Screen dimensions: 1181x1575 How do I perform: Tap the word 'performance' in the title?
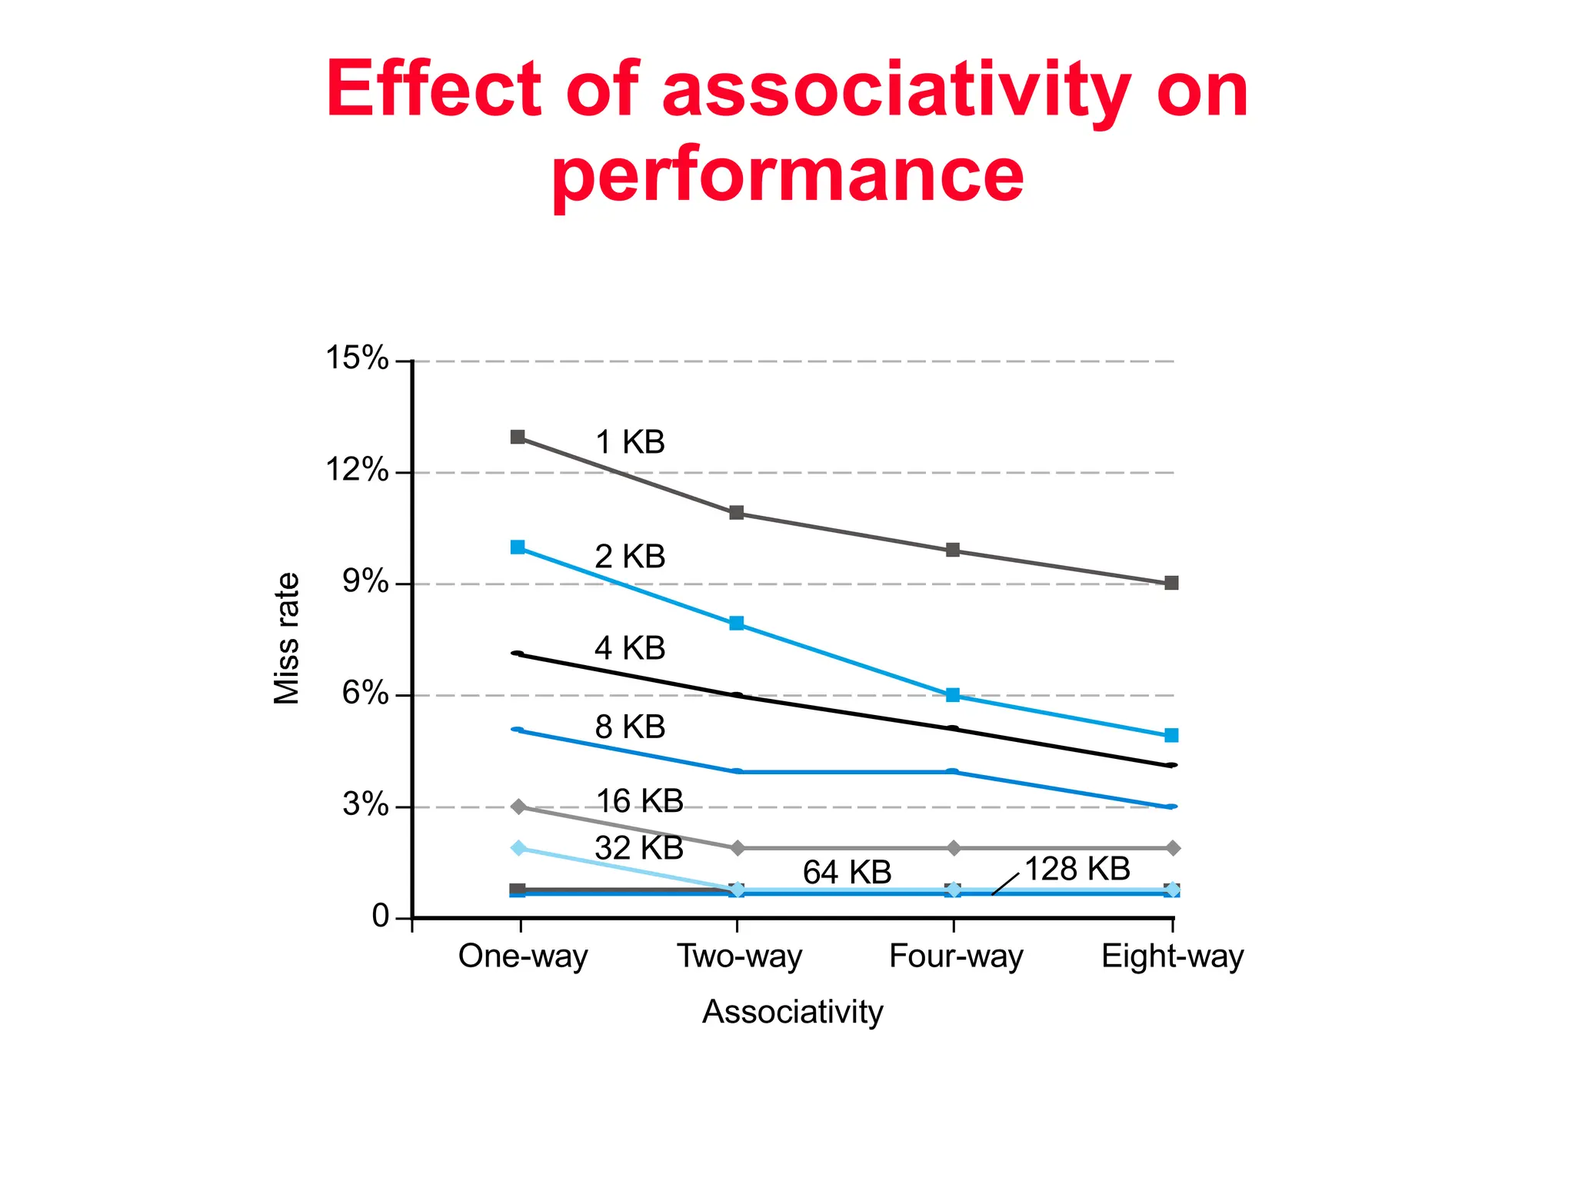787,175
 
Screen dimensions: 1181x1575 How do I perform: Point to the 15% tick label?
357,358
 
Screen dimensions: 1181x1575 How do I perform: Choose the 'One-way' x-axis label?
523,956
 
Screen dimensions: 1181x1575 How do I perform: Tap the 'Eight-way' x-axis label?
1172,956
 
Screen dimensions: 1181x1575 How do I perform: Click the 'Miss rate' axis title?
287,638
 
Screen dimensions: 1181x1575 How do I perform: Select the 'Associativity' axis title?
792,1012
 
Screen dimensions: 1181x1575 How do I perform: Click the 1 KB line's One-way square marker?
518,437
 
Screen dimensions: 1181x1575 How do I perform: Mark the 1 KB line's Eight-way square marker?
1171,584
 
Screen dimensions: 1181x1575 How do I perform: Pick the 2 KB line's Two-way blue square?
737,624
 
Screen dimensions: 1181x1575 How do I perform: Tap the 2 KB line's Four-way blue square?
953,695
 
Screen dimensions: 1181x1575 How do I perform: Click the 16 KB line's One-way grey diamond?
519,807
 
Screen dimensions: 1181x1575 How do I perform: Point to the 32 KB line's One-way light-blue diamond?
519,848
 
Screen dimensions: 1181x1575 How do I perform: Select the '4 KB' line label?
630,649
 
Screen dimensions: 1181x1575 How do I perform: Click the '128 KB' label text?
1077,870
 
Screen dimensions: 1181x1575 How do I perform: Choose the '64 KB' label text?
847,873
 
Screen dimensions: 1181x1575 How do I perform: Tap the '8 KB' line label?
630,727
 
